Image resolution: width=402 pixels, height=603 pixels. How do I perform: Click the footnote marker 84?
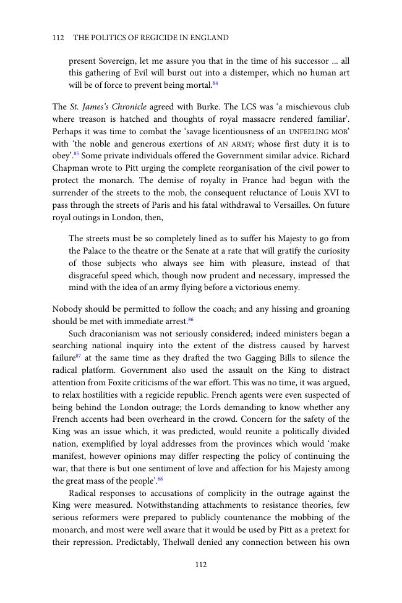click(215, 83)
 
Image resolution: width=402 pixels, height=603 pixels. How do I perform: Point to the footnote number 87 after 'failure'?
click(79, 356)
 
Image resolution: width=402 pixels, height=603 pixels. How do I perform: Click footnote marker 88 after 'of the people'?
click(160, 479)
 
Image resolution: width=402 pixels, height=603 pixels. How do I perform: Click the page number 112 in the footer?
click(200, 564)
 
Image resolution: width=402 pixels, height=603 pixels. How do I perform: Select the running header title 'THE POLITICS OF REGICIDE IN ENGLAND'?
click(151, 38)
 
